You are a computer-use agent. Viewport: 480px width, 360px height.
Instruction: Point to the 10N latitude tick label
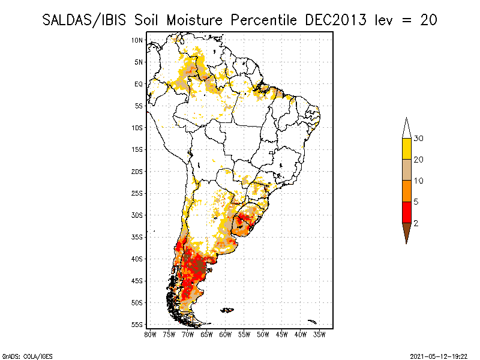tap(137, 40)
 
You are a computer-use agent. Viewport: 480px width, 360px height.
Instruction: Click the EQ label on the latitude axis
tap(138, 84)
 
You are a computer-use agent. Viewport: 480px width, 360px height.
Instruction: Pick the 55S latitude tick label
tap(137, 324)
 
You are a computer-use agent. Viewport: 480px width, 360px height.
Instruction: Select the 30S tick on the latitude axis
tap(137, 215)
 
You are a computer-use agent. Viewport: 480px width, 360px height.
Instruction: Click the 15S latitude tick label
tap(137, 149)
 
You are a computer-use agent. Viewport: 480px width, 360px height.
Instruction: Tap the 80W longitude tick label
tap(151, 334)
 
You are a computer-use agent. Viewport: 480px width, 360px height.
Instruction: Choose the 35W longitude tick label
tap(320, 334)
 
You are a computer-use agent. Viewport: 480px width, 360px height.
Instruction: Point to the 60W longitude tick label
tap(226, 334)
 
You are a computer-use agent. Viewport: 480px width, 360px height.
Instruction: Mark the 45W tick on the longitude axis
tap(282, 334)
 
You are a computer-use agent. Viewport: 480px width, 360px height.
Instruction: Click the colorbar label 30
tap(419, 139)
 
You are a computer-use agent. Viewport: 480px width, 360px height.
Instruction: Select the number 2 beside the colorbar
tap(416, 223)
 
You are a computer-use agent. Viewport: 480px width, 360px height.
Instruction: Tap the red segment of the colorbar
tap(406, 212)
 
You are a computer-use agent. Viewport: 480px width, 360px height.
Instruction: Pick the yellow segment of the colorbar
tap(406, 149)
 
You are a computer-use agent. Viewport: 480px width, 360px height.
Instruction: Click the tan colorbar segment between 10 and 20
tap(406, 170)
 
